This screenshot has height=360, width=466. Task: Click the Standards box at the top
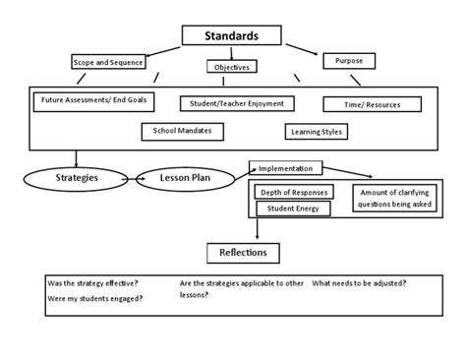pyautogui.click(x=232, y=36)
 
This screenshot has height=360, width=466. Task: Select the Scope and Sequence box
pyautogui.click(x=108, y=62)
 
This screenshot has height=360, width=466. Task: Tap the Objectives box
pyautogui.click(x=232, y=67)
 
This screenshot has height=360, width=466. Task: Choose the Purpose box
pyautogui.click(x=349, y=61)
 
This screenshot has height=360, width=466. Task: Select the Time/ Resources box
pyautogui.click(x=372, y=103)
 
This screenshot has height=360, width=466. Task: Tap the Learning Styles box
pyautogui.click(x=315, y=131)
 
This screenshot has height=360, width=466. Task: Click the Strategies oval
pyautogui.click(x=75, y=178)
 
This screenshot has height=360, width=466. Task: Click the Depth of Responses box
pyautogui.click(x=292, y=192)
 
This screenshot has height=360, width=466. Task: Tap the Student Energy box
pyautogui.click(x=292, y=208)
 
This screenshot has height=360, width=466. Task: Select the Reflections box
pyautogui.click(x=243, y=254)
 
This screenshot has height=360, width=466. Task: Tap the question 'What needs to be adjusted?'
pyautogui.click(x=360, y=283)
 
